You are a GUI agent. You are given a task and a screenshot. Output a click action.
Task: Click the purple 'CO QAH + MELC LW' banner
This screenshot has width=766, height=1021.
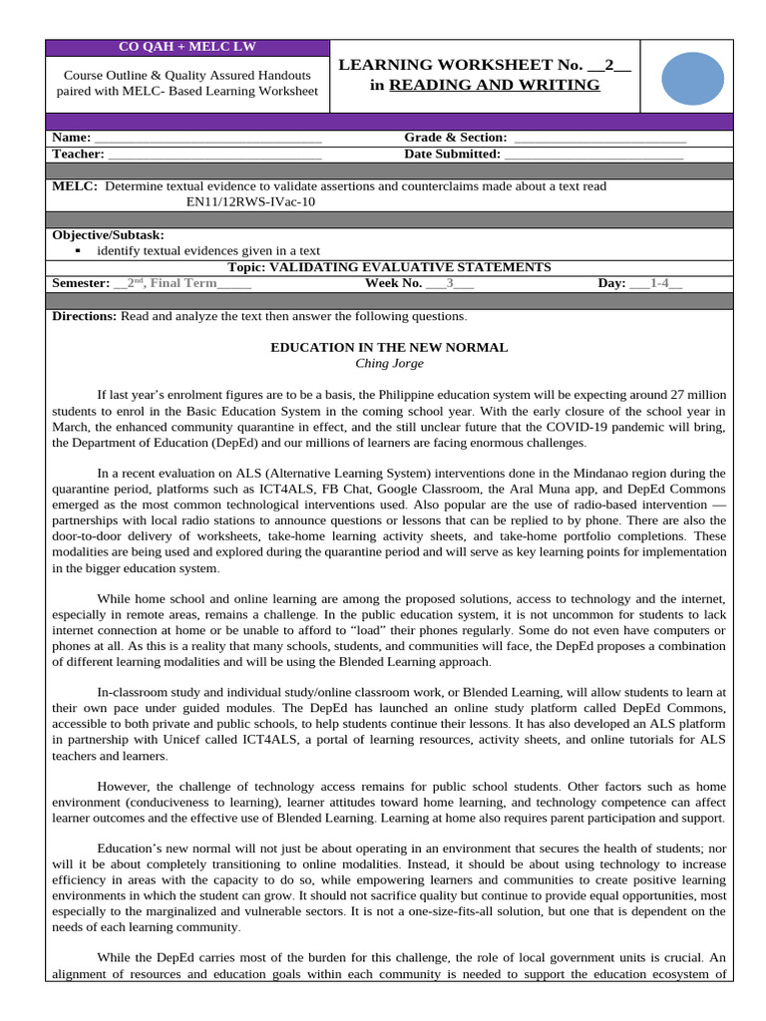coord(188,48)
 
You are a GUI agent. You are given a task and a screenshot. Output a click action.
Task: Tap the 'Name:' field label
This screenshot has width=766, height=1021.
coord(71,138)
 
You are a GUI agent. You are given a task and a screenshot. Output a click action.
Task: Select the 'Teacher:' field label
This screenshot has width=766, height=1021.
coord(78,155)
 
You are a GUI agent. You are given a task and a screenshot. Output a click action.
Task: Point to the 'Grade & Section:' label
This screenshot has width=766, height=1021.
coord(455,138)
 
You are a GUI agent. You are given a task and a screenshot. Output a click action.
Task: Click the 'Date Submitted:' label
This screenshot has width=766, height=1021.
coord(452,155)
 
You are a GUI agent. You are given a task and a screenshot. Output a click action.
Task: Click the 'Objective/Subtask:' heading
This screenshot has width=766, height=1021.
coord(108,235)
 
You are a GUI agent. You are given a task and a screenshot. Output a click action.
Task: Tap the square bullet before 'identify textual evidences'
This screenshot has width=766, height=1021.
coord(77,251)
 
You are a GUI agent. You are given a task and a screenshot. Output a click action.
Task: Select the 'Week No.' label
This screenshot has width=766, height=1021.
coord(395,283)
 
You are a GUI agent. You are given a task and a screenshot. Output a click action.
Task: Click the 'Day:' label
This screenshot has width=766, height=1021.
coord(611,283)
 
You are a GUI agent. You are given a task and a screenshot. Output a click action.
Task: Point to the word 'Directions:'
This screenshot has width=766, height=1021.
coord(85,316)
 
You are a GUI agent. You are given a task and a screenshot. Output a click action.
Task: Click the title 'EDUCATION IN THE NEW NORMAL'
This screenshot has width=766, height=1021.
coord(389,347)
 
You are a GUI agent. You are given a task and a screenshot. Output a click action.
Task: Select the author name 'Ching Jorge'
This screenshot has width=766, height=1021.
coord(389,363)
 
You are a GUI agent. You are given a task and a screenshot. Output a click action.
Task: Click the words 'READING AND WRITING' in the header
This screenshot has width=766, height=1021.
coord(495,85)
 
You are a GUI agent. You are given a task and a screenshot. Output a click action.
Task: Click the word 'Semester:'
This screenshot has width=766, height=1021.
coord(81,283)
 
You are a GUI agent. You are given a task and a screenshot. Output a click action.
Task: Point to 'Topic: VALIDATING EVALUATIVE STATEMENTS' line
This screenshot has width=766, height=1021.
coord(389,267)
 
